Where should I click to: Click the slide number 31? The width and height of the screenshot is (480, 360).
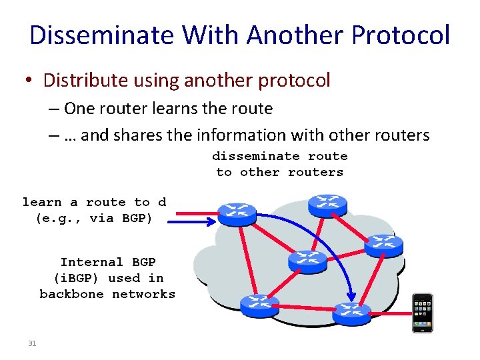point(32,343)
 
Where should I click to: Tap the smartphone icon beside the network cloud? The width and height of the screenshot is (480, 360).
point(422,313)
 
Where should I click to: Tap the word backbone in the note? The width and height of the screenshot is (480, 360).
point(71,294)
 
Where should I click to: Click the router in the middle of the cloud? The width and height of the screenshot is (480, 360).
point(307,261)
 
